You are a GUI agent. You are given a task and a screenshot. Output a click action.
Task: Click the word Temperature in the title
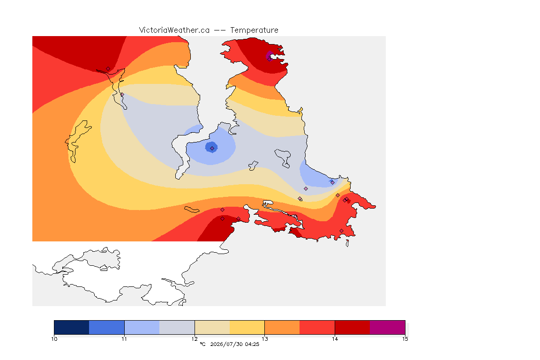254,30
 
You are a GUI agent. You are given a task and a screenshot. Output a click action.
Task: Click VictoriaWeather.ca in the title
174,30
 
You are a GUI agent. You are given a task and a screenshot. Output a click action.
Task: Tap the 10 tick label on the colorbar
54,339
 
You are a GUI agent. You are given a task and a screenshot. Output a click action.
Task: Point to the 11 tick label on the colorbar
124,339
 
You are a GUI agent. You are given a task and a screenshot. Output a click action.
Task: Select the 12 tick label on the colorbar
195,339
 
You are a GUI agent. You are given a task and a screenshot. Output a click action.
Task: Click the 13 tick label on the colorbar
264,339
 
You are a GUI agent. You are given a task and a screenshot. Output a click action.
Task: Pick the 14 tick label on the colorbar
335,339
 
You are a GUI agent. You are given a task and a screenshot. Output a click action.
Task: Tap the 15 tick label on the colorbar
405,339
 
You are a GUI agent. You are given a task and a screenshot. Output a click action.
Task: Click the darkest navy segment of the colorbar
72,327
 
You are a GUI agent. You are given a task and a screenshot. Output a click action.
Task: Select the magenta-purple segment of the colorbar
388,327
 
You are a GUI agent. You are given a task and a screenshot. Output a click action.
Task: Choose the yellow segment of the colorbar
247,327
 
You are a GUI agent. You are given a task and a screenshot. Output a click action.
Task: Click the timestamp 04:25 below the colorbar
252,344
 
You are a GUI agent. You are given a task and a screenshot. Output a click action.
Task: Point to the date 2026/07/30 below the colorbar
226,344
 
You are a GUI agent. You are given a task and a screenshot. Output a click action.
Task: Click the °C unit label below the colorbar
202,344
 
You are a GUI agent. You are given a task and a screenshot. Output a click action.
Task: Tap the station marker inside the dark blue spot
212,148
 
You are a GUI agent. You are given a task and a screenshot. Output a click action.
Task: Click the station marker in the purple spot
270,59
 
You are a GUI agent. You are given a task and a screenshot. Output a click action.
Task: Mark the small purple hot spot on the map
270,56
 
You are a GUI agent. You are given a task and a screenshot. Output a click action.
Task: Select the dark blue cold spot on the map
211,147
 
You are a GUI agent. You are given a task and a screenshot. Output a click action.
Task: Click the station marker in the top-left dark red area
108,69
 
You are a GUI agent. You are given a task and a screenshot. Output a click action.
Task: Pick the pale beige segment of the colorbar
212,327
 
